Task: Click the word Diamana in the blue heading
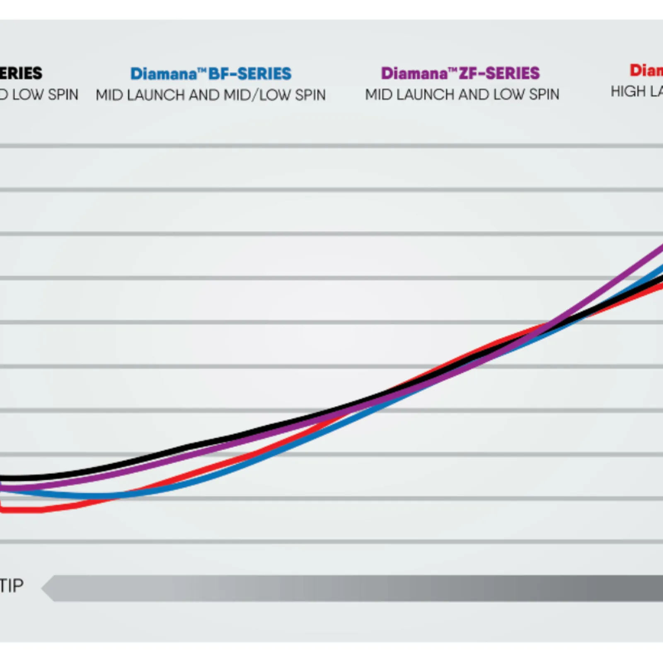(163, 74)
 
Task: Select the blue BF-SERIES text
(250, 74)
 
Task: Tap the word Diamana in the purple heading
(414, 73)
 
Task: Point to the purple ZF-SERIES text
(499, 73)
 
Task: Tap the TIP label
(12, 586)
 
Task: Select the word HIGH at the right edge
(627, 91)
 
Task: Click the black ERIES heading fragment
(21, 73)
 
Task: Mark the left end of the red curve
(2, 509)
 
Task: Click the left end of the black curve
(2, 479)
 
